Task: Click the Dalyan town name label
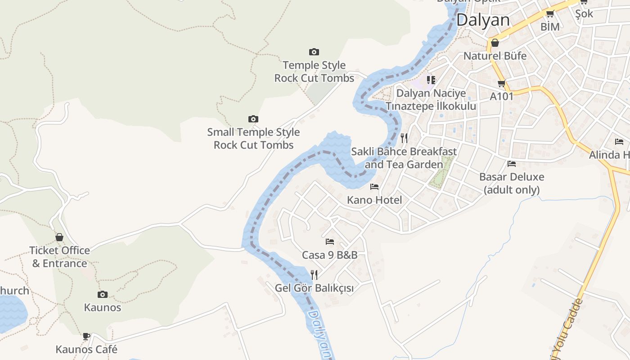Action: click(x=483, y=20)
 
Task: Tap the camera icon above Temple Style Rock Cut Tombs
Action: click(x=314, y=52)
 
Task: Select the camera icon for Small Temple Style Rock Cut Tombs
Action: click(x=253, y=119)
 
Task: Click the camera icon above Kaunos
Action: click(x=103, y=295)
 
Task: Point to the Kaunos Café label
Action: click(x=86, y=349)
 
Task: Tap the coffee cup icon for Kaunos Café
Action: click(x=86, y=336)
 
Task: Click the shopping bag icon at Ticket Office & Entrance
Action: click(x=59, y=237)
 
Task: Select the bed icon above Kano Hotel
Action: click(x=374, y=187)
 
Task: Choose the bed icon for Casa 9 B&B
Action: click(x=330, y=242)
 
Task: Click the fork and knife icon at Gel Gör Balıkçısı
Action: click(x=314, y=274)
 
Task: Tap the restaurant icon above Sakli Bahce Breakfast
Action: click(x=404, y=138)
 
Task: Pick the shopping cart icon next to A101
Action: click(x=502, y=83)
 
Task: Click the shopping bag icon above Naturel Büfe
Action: click(x=495, y=43)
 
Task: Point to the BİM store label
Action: click(x=550, y=27)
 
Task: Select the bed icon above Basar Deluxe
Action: click(x=512, y=164)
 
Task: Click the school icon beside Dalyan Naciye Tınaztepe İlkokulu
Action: click(x=431, y=80)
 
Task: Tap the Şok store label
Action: click(x=584, y=14)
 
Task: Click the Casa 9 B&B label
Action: click(x=330, y=255)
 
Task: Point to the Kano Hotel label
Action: click(x=374, y=200)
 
